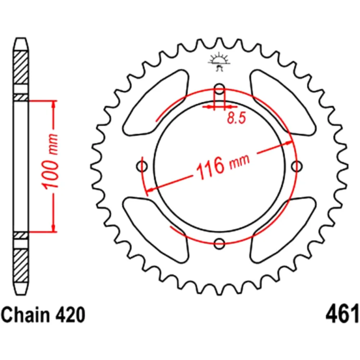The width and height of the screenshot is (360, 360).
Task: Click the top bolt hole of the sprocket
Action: click(219, 89)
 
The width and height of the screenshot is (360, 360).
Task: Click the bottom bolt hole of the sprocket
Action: click(219, 244)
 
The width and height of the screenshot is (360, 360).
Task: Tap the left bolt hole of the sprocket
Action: click(143, 166)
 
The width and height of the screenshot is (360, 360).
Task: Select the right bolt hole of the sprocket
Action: click(296, 166)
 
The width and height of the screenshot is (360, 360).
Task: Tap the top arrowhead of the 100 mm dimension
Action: click(54, 104)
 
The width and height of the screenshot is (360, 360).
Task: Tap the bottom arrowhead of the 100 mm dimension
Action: click(54, 228)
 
